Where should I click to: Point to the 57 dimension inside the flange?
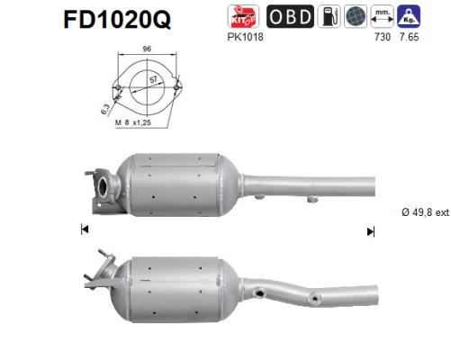pyautogui.click(x=157, y=80)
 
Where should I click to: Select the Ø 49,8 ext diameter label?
pyautogui.click(x=423, y=211)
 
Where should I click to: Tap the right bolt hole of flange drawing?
pyautogui.click(x=176, y=88)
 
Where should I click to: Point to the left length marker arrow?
pyautogui.click(x=85, y=230)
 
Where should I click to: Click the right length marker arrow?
pyautogui.click(x=369, y=231)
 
